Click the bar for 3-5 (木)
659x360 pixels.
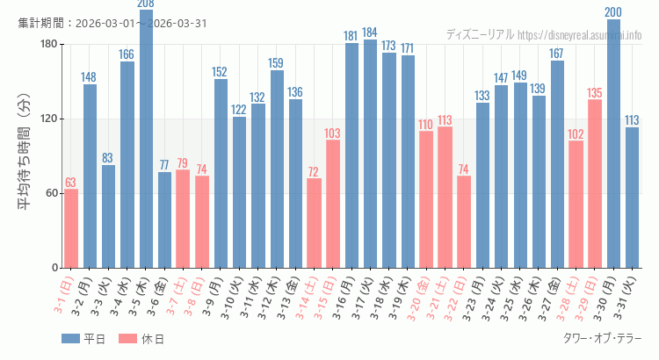[x=146, y=140]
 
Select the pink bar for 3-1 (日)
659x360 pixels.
[x=71, y=228]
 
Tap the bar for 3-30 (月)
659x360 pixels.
[x=613, y=145]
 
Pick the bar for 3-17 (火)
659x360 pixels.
[x=370, y=154]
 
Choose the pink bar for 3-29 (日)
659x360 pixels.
[x=595, y=184]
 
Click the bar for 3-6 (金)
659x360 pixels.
[x=164, y=220]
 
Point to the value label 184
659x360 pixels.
[x=370, y=33]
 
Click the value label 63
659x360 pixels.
[x=71, y=183]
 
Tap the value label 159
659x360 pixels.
[x=277, y=64]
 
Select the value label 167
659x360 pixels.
[x=557, y=54]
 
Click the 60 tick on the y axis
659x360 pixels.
[x=52, y=193]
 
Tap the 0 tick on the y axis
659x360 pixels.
[x=54, y=268]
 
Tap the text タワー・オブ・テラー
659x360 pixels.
[x=602, y=339]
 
